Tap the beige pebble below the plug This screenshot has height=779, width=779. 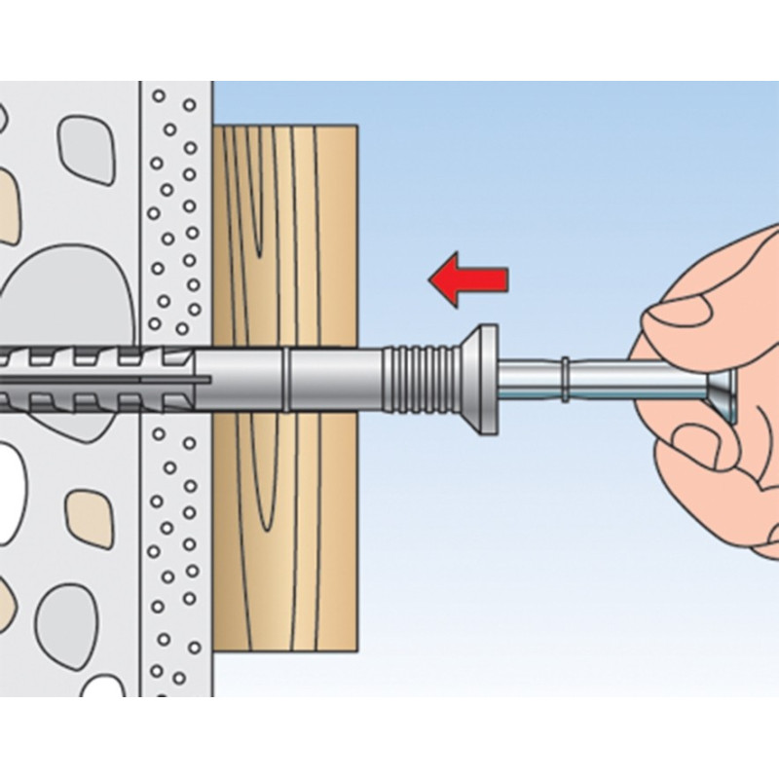90,516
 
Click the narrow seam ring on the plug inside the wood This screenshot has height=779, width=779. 286,374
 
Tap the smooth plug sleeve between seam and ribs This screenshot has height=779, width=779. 336,374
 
